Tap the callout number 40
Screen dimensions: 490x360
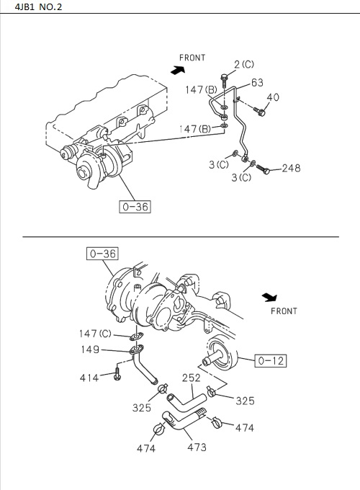click(x=273, y=97)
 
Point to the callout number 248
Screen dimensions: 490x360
click(x=291, y=169)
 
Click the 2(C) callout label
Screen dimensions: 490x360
click(x=244, y=64)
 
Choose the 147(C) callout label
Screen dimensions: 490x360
click(x=95, y=334)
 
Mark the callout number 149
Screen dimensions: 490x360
click(x=90, y=350)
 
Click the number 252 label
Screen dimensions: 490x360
click(x=191, y=378)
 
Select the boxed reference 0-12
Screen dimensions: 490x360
click(x=271, y=360)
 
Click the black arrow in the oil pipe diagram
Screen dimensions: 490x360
click(x=177, y=70)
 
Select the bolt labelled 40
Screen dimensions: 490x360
click(x=261, y=110)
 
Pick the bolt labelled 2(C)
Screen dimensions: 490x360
click(x=225, y=79)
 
